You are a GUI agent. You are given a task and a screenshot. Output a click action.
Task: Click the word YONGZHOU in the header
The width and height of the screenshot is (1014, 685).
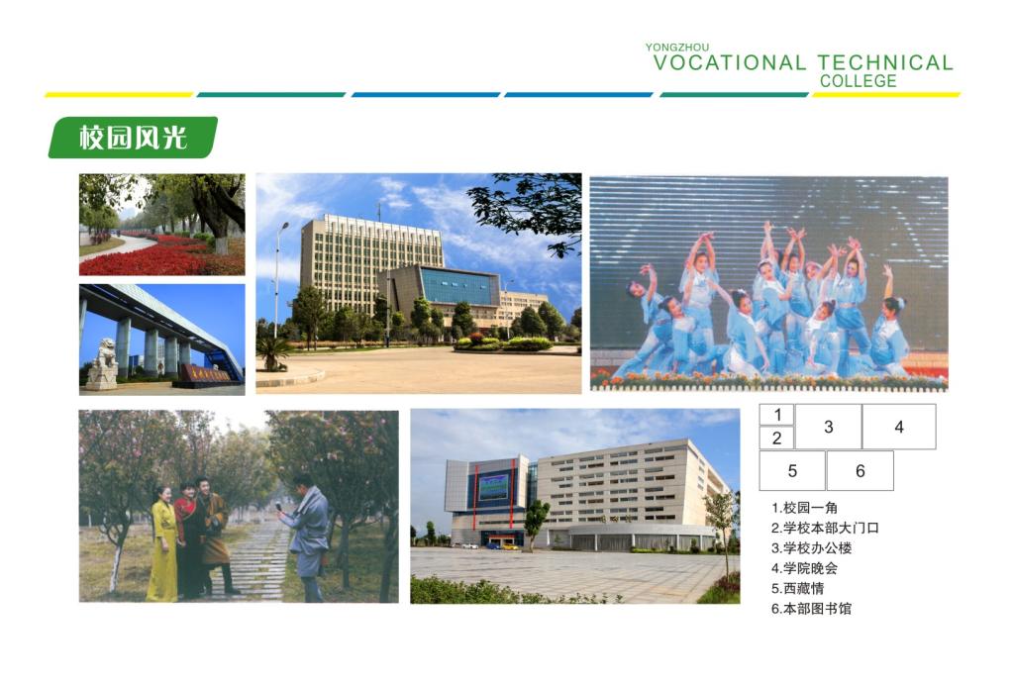tap(676, 48)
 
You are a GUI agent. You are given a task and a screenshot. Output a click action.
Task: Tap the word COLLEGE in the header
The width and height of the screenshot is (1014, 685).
tap(859, 81)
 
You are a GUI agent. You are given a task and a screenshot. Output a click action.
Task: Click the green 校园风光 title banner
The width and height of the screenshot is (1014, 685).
tap(133, 137)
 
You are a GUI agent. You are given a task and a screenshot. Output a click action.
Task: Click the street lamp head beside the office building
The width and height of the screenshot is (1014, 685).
tap(284, 226)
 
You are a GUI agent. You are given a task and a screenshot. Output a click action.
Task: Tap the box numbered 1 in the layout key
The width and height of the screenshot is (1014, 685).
tap(776, 415)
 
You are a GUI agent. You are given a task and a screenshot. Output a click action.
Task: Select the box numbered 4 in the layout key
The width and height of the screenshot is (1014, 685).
tap(899, 427)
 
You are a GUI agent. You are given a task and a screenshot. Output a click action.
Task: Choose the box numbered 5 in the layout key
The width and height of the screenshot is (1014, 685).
tap(792, 470)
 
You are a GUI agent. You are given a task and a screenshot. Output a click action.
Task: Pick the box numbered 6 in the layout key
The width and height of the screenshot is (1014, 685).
tap(861, 470)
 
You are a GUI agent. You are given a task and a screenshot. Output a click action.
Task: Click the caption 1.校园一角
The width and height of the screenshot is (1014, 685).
tap(804, 508)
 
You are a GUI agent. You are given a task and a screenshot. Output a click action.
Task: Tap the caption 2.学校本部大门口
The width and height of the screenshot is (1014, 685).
tap(825, 528)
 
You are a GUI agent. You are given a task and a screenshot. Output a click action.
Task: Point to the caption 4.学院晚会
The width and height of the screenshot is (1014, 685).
tap(804, 568)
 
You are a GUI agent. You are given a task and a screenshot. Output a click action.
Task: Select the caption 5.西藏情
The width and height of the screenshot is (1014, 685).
tap(797, 589)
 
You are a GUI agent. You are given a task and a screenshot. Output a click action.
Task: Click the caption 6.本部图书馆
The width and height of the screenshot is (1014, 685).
tap(811, 609)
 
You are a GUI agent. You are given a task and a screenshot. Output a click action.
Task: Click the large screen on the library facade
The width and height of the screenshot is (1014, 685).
tap(493, 486)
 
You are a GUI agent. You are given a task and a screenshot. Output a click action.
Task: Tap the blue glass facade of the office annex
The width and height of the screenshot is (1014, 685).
tap(457, 286)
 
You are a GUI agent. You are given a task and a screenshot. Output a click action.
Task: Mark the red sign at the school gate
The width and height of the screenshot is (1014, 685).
tap(206, 374)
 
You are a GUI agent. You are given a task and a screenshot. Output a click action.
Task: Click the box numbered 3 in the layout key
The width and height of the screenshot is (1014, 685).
tap(829, 427)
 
